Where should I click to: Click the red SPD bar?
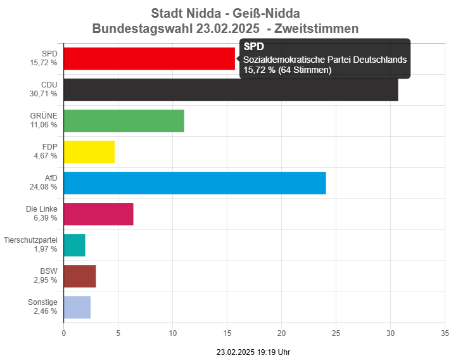(149, 59)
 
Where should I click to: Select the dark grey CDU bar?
(231, 90)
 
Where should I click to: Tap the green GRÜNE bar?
(124, 120)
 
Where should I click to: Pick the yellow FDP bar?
(89, 151)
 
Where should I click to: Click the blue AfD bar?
(195, 183)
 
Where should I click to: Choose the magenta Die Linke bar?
(99, 214)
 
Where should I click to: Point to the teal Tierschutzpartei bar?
(75, 245)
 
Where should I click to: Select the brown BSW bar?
(80, 276)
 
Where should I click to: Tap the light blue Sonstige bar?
(77, 307)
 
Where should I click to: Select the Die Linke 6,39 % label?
(42, 214)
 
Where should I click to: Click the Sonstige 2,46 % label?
(42, 307)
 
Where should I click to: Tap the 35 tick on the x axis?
(445, 333)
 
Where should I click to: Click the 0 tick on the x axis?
(64, 333)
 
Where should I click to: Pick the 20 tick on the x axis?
(281, 333)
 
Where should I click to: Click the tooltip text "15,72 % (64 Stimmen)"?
(288, 70)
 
